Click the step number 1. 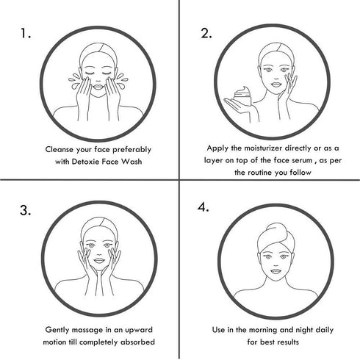click(26, 34)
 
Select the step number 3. click(26, 211)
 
